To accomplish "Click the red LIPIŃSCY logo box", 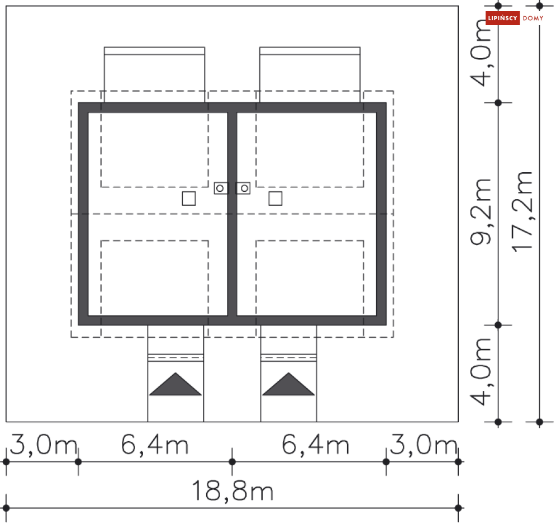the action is click(502, 18).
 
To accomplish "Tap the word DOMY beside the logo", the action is click(533, 18).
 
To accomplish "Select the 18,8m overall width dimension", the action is click(232, 491).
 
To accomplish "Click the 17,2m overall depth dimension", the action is click(522, 212).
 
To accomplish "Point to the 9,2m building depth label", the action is click(481, 212).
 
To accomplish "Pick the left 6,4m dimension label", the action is click(155, 445).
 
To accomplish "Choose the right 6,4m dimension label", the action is click(315, 445).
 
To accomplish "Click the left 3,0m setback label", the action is click(43, 445).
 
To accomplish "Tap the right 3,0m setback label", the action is click(424, 445).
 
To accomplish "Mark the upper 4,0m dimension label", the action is click(481, 53).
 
